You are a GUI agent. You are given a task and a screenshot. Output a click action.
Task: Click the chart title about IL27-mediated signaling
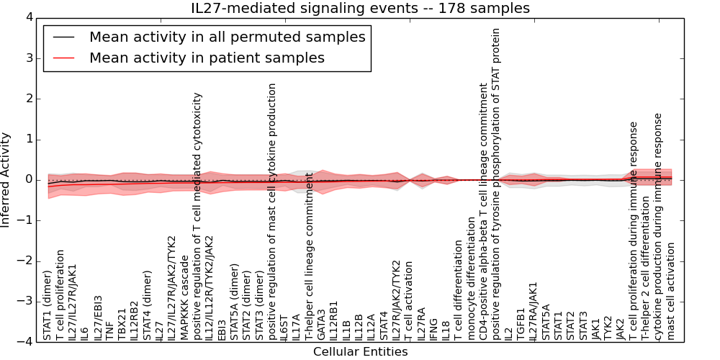tap(360, 9)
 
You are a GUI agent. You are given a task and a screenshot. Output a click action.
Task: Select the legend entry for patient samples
tap(207, 58)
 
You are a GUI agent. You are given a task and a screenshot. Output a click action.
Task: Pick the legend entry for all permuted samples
tap(227, 37)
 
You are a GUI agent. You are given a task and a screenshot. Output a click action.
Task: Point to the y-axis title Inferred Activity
tap(6, 180)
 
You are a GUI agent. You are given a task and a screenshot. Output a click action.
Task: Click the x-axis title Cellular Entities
tap(360, 352)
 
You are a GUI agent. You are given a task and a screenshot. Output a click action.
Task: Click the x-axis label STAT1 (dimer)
tap(48, 305)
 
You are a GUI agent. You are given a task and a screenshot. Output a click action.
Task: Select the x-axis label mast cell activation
tap(670, 291)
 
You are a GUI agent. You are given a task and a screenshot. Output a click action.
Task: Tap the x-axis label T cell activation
tap(408, 300)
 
